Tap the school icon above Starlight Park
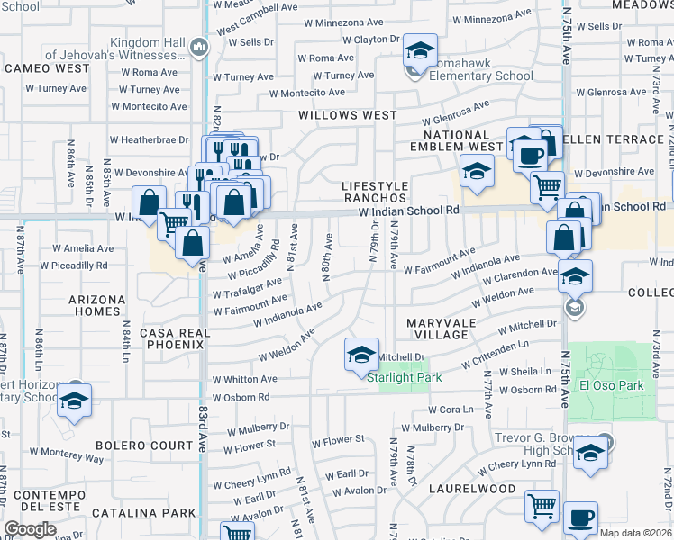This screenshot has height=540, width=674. (x=361, y=354)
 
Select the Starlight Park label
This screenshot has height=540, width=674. (x=405, y=378)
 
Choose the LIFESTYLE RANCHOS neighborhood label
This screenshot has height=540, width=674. (x=375, y=193)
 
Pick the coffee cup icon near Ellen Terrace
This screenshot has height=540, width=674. (x=530, y=155)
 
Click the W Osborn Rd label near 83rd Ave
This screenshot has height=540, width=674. (x=241, y=397)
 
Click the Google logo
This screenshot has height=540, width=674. (x=32, y=529)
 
